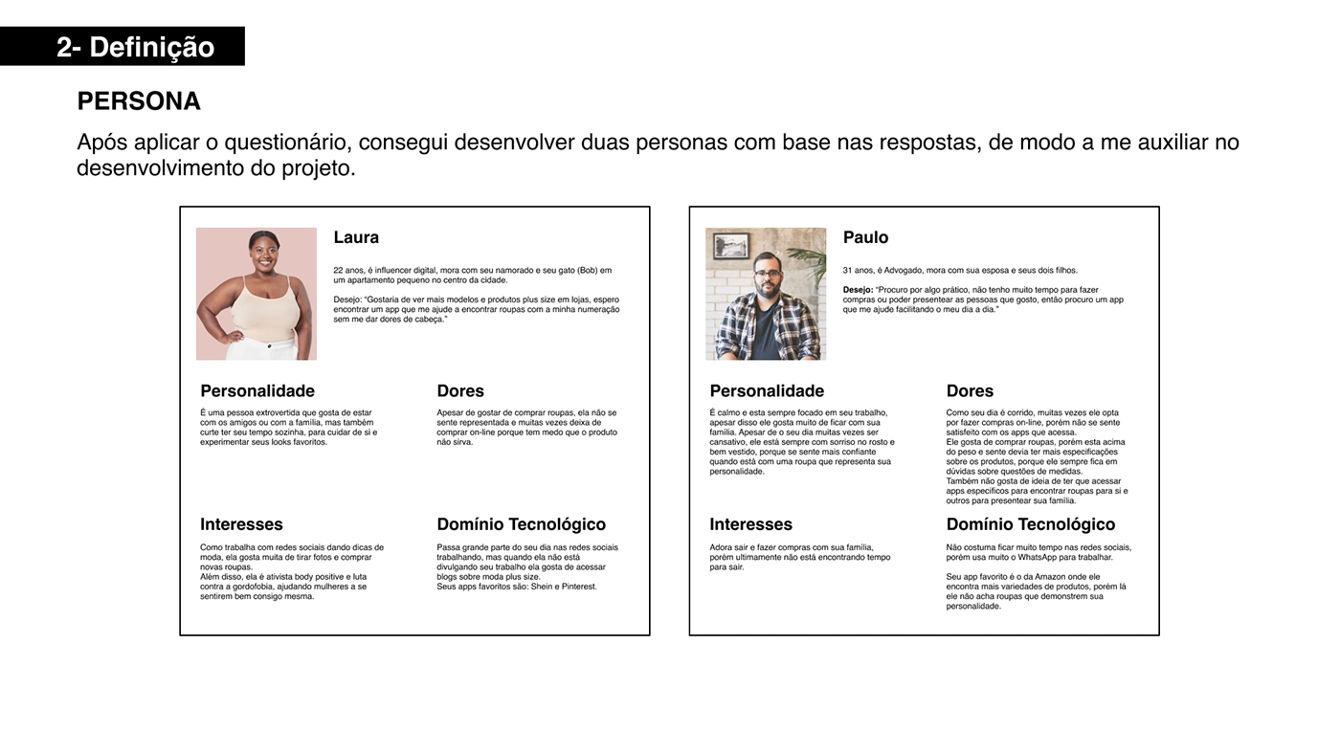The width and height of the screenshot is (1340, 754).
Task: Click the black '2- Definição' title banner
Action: [123, 46]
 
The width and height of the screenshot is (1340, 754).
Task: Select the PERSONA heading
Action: [139, 101]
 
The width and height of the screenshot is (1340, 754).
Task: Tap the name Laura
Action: [356, 237]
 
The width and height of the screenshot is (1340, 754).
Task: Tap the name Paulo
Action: [865, 237]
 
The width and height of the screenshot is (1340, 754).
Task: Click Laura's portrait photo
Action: [257, 294]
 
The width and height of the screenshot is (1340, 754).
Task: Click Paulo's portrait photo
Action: [766, 294]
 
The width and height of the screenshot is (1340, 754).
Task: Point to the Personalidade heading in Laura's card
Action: [257, 390]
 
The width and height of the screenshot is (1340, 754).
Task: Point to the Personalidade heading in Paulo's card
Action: [767, 390]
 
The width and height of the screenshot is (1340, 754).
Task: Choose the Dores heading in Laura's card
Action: [460, 390]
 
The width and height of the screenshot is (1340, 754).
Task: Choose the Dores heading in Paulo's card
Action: [970, 390]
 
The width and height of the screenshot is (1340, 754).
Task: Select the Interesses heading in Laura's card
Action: [241, 524]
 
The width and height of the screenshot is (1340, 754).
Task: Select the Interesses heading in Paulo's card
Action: [750, 524]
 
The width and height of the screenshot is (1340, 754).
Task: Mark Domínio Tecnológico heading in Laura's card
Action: [521, 524]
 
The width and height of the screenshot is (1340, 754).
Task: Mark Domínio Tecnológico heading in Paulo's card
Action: [1031, 524]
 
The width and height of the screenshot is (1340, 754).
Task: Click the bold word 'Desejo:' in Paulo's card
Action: [858, 290]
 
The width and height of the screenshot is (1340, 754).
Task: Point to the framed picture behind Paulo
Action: [732, 245]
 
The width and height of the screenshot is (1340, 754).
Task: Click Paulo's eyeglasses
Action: [767, 274]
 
